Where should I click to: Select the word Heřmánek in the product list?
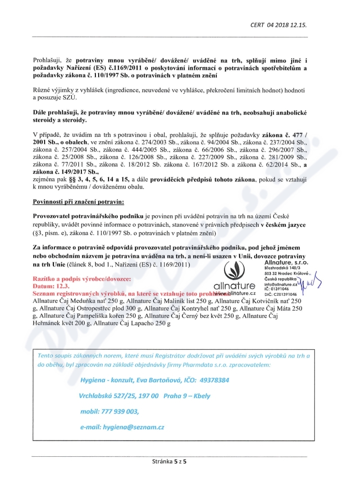tap(47, 324)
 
